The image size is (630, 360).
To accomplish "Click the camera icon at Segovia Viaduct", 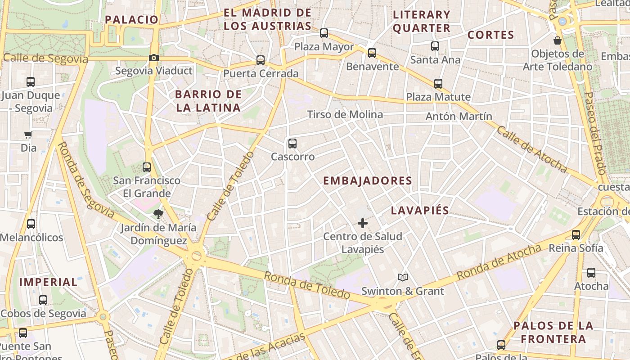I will click(154, 58).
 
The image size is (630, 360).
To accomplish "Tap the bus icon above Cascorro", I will click(292, 144).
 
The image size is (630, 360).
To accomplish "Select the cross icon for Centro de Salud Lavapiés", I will click(362, 223).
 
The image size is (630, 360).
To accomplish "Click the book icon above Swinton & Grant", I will click(403, 278).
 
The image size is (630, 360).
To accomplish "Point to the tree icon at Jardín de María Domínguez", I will click(158, 214).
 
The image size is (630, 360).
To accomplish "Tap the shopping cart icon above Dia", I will click(28, 135).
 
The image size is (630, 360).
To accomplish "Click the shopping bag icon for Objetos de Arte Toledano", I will click(558, 41).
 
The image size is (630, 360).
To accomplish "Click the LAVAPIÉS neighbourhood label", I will click(420, 211).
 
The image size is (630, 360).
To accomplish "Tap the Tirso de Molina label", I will click(345, 115).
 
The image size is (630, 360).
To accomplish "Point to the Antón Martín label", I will click(459, 117).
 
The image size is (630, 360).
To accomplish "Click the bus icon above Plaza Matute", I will click(438, 84).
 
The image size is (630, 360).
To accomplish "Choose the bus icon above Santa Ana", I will click(435, 46).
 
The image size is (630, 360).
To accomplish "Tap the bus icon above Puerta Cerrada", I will click(261, 60).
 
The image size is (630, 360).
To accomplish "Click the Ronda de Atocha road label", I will click(499, 262).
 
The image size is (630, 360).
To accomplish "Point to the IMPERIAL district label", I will click(49, 283).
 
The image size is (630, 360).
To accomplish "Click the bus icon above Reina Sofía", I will click(576, 234).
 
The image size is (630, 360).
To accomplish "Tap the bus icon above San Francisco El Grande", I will click(147, 167).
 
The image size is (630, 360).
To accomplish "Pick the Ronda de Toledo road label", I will click(307, 285).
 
